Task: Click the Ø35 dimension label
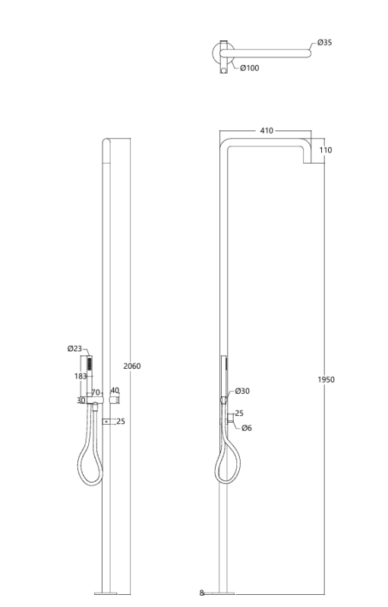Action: tap(324, 42)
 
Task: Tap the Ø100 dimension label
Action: tap(249, 68)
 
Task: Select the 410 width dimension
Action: tap(267, 131)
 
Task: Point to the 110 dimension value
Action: tap(325, 150)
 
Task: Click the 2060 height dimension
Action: tap(131, 366)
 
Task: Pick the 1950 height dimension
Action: tap(326, 379)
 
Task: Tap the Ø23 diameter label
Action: tap(74, 349)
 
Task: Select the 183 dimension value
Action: tap(80, 376)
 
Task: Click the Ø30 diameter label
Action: tap(242, 391)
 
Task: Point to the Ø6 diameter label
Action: tap(247, 428)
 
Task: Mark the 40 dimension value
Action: tap(115, 391)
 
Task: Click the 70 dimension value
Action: tap(96, 393)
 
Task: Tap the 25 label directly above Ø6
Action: tap(239, 414)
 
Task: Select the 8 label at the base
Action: tap(202, 593)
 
